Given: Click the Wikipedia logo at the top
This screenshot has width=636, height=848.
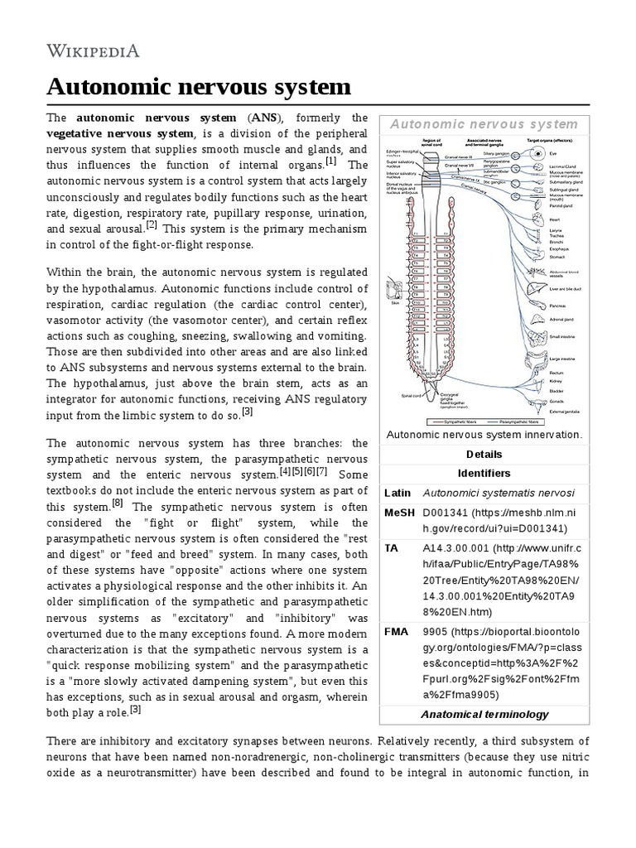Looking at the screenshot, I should point(92,51).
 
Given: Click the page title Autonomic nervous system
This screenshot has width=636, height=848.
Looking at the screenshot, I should point(199,87).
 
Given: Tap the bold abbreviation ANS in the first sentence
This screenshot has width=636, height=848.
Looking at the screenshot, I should point(267,117).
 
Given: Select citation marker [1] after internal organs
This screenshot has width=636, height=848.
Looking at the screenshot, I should point(331,160).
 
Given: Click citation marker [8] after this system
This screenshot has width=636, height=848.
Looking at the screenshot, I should point(118,502).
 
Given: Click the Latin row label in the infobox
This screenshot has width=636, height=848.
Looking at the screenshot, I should point(397,493).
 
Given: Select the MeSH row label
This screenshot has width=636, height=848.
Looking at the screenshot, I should point(399,513).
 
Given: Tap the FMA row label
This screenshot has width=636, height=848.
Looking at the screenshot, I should point(397,630).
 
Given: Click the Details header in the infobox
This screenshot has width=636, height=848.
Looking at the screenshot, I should point(484,454).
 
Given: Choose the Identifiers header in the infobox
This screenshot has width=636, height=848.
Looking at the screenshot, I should point(484,473).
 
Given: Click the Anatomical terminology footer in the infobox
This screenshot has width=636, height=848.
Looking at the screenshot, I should point(484,714).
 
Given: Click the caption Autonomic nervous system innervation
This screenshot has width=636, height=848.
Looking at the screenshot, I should point(484,434).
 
